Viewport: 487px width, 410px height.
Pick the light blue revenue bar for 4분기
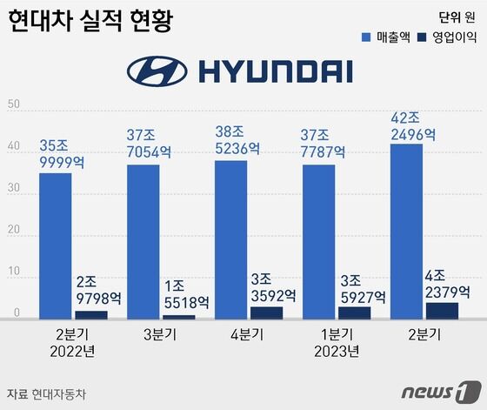pos(231,239)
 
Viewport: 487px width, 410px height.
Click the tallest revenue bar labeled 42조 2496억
pos(407,231)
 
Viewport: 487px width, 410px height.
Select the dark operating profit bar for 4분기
pos(266,313)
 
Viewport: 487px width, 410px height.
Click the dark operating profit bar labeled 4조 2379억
pos(442,310)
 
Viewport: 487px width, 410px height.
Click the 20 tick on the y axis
pos(13,231)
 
